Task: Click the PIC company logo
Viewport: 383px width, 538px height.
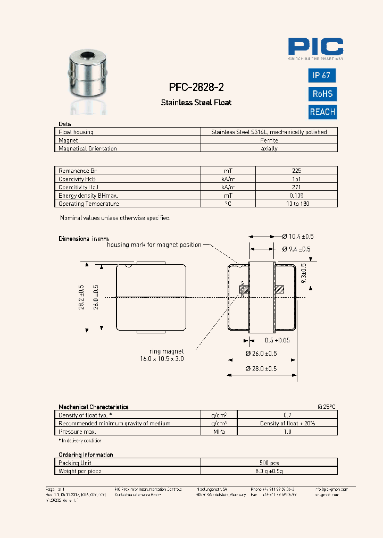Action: pos(315,48)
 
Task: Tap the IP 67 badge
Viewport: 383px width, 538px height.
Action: pos(322,75)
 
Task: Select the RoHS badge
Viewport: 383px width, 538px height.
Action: pos(322,94)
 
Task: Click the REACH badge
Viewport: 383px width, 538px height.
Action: pos(322,112)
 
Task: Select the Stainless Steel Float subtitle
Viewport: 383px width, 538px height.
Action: pos(196,103)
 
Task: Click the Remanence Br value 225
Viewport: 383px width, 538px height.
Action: pos(296,171)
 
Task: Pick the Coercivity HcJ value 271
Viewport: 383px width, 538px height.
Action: pos(296,187)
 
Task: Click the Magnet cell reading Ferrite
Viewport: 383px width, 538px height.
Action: pos(269,140)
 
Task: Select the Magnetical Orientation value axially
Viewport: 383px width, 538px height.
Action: pos(269,149)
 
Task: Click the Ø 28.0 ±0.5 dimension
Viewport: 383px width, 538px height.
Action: pos(261,368)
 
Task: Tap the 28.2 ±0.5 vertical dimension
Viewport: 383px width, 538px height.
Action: pos(82,298)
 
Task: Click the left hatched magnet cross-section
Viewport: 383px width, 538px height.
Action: pos(244,290)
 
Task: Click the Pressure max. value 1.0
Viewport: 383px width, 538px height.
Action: pos(287,432)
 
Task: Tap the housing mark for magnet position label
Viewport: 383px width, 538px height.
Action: pos(154,245)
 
